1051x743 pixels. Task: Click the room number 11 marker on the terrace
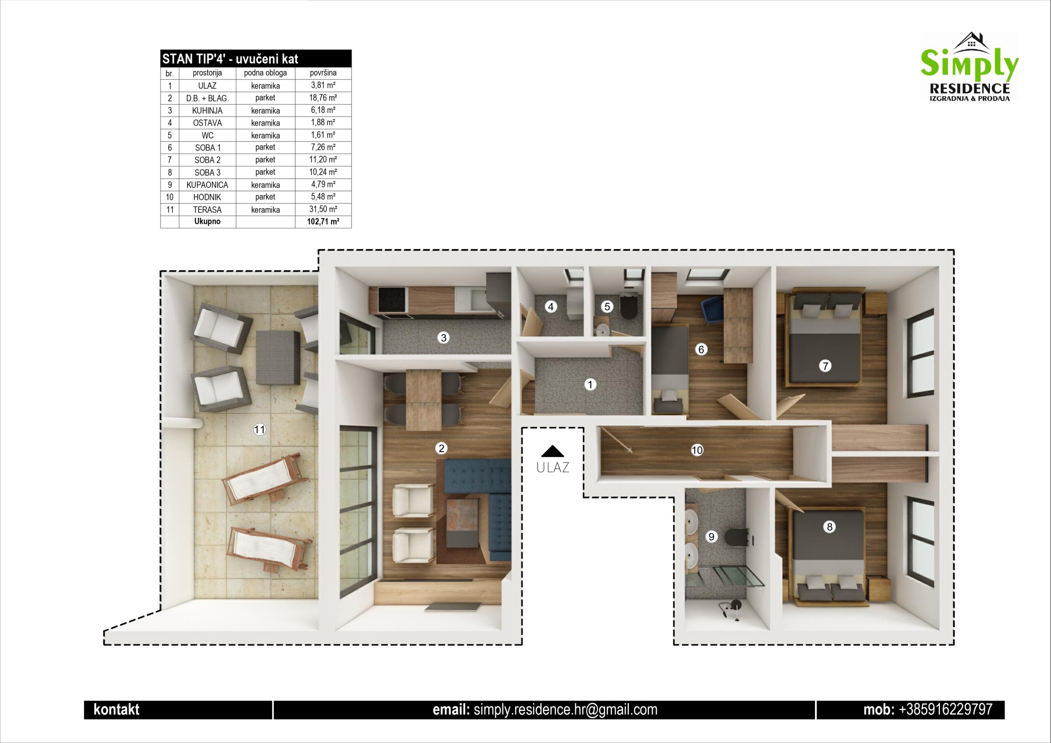(x=259, y=429)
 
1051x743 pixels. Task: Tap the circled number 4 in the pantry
(x=551, y=306)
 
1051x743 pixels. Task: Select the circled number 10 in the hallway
(x=697, y=450)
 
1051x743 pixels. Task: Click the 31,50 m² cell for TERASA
(x=323, y=209)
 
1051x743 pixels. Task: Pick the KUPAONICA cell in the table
(x=207, y=184)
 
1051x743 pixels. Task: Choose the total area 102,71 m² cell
(x=323, y=222)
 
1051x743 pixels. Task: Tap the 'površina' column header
(x=323, y=73)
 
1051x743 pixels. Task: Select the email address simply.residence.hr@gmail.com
(x=565, y=710)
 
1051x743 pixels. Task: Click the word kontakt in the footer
(x=116, y=710)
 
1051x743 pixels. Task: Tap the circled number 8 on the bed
(x=829, y=527)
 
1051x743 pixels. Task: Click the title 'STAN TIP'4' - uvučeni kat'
(x=230, y=59)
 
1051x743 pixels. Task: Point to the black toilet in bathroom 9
(x=737, y=536)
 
